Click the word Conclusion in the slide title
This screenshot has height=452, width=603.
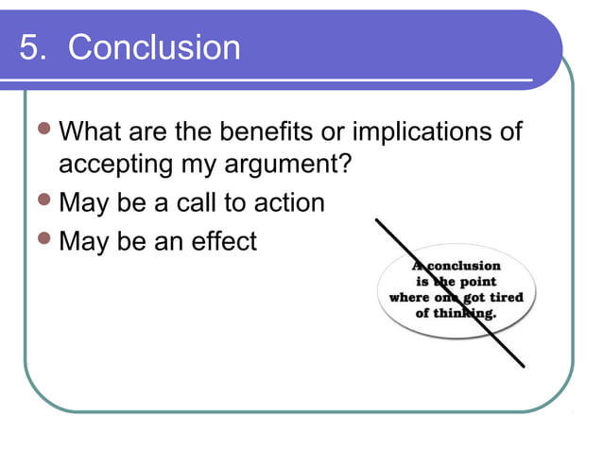click(x=154, y=47)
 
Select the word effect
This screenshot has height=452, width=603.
click(x=221, y=241)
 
